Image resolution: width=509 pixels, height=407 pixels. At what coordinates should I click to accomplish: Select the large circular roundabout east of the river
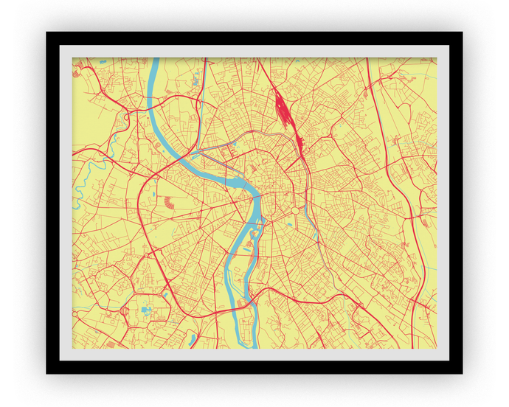294,211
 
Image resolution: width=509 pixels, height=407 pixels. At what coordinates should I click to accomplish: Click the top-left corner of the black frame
47,33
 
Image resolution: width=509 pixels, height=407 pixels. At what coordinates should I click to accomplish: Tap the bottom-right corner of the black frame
462,373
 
